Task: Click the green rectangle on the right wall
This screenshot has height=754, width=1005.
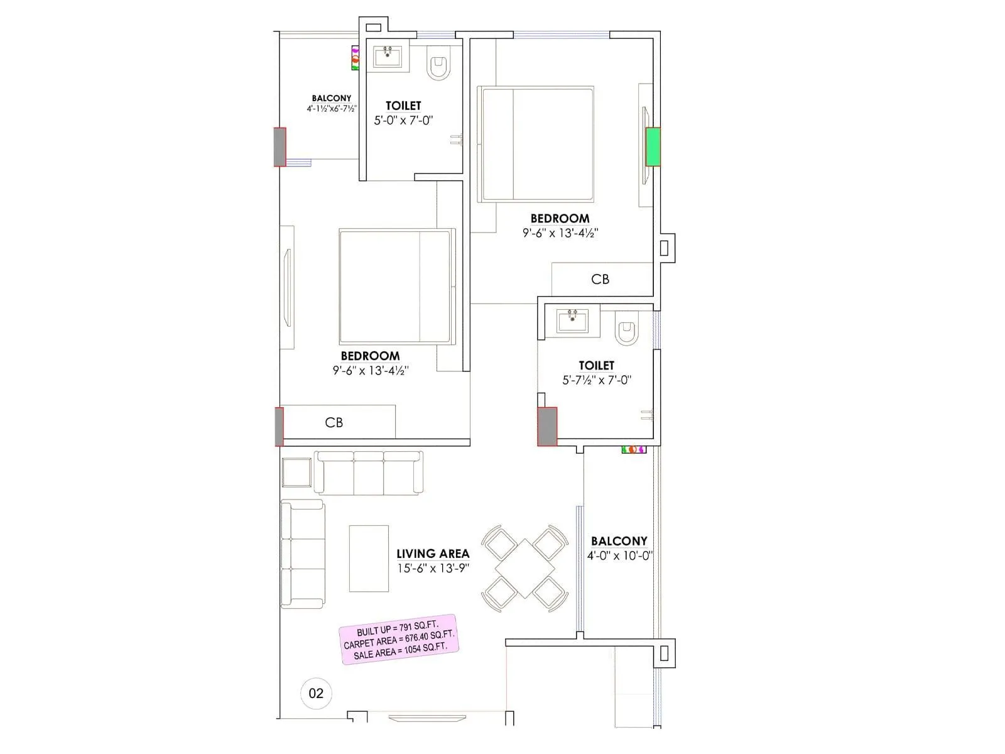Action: [653, 146]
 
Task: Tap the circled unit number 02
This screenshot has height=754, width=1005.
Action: [316, 693]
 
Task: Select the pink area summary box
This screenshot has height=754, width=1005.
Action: [398, 640]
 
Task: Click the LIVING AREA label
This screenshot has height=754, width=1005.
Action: [433, 554]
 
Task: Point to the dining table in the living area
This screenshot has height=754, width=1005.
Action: [524, 567]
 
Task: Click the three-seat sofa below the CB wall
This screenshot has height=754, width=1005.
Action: [369, 473]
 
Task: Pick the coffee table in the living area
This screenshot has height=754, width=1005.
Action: [369, 559]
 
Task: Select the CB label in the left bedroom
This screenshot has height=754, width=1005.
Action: [334, 422]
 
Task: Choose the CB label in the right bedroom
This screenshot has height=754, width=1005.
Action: [600, 279]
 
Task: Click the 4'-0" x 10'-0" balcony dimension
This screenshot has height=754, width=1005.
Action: [619, 555]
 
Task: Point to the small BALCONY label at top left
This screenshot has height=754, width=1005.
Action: [332, 98]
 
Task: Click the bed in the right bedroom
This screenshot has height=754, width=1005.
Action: [536, 145]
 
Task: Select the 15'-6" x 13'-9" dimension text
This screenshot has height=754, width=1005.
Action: [433, 568]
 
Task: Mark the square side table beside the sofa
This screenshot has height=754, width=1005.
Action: [296, 473]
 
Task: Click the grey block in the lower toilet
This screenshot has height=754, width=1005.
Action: [547, 427]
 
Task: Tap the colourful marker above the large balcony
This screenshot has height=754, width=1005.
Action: [634, 449]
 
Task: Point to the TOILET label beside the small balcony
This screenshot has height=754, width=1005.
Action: [403, 106]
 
